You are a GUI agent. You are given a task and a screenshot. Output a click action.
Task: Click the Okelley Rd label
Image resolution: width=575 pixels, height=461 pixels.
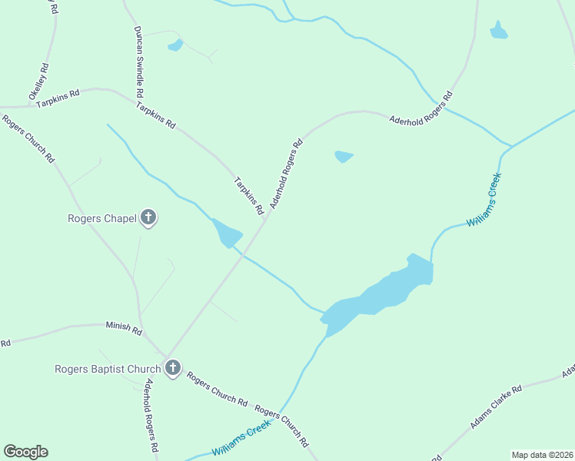click(39, 84)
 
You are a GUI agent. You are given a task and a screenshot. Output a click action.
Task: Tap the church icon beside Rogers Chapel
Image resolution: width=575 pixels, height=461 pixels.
click(148, 218)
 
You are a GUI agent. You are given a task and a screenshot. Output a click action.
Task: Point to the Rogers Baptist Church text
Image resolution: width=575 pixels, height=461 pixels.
click(107, 369)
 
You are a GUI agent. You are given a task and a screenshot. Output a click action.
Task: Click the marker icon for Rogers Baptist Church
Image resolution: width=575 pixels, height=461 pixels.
click(172, 368)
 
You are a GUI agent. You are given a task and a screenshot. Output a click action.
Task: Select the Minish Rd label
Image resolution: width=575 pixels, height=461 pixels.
click(124, 330)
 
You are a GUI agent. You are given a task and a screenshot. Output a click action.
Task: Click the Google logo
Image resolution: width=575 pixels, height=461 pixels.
click(25, 452)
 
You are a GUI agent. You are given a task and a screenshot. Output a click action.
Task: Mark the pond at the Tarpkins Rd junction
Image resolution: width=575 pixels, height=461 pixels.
click(228, 234)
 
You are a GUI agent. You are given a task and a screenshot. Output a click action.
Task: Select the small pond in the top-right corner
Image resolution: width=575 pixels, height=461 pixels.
click(499, 31)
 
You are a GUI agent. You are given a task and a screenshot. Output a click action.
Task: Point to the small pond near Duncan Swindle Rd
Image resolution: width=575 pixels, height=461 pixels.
click(176, 45)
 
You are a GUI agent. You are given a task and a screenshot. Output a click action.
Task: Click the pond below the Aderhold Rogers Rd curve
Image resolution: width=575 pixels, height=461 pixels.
click(344, 157)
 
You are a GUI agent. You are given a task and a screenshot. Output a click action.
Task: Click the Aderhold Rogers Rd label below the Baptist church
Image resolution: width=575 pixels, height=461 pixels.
click(151, 414)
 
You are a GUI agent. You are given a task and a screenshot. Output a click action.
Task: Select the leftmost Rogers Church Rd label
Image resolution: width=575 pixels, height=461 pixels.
click(28, 138)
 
